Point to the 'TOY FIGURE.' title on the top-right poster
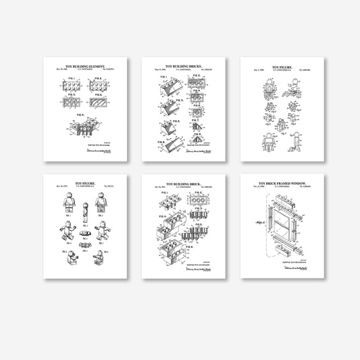pyautogui.click(x=283, y=68)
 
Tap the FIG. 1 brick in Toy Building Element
pyautogui.click(x=66, y=85)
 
